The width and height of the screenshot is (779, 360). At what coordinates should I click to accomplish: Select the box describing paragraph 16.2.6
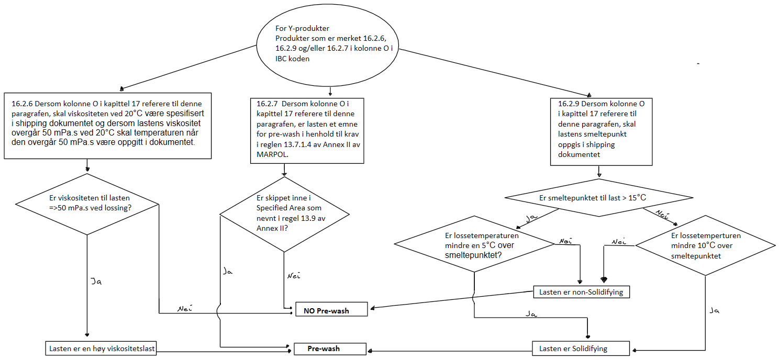108,126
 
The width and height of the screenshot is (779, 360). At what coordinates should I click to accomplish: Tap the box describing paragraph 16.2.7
306,130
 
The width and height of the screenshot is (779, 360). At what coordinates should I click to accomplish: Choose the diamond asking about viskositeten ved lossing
87,203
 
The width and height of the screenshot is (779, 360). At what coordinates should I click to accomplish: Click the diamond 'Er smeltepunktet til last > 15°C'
599,198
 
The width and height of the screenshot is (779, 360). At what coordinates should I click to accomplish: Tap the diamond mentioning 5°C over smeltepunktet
474,244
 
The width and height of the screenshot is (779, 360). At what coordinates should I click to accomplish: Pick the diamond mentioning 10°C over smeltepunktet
705,245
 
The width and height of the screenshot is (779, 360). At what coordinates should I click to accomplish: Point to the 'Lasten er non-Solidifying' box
581,292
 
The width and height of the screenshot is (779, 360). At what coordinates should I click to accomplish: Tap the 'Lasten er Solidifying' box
581,348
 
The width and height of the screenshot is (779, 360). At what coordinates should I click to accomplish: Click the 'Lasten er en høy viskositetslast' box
100,348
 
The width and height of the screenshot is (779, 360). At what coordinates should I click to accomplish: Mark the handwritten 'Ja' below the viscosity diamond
96,281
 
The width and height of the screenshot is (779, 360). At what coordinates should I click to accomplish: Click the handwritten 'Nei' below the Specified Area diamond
294,275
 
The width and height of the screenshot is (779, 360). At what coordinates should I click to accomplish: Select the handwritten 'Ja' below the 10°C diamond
714,310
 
